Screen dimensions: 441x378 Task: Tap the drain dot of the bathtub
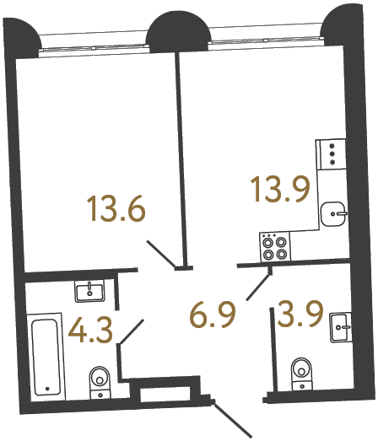(47, 390)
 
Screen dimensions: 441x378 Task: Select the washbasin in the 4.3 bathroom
(89, 292)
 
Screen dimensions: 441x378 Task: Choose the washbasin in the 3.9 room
(341, 324)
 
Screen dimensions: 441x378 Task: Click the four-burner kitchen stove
(274, 246)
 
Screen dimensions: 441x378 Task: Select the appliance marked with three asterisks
(331, 156)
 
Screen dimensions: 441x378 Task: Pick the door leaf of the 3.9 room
(257, 287)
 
